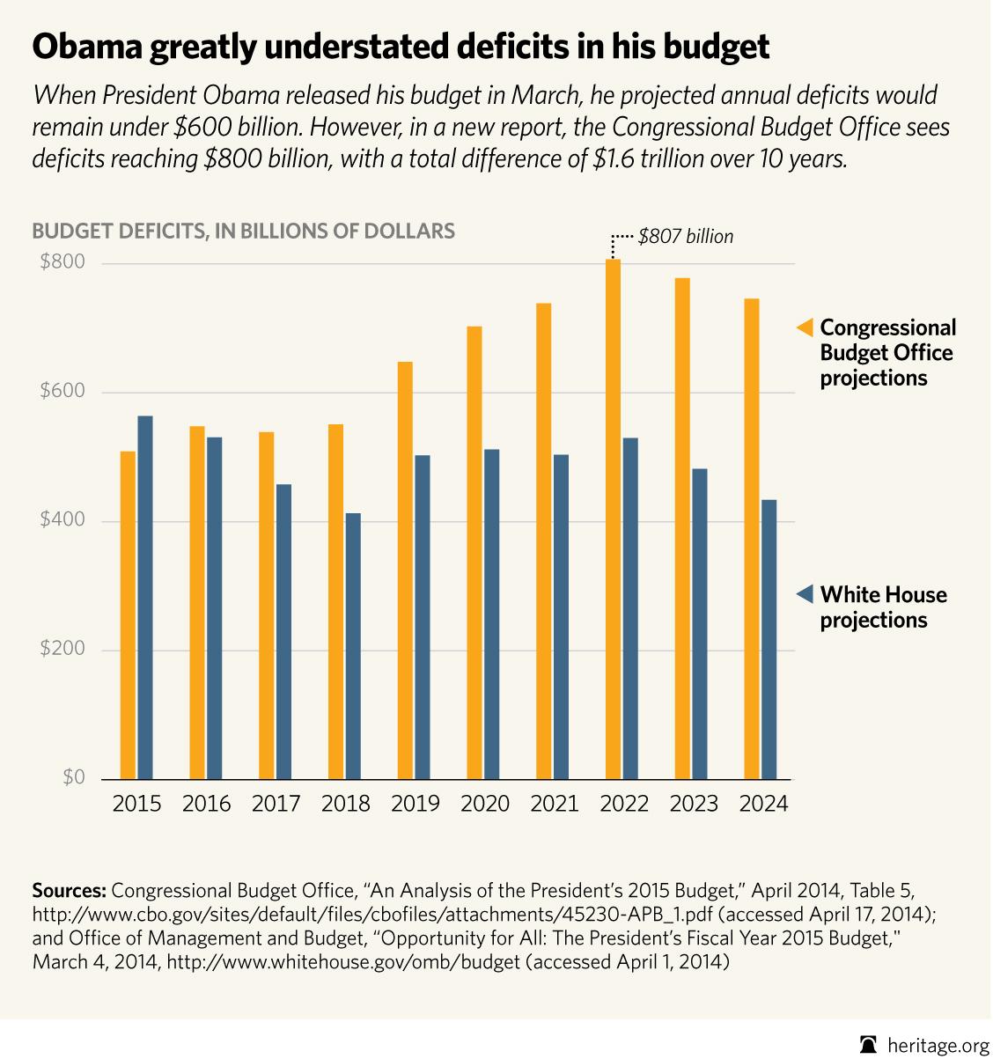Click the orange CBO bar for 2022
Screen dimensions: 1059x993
614,519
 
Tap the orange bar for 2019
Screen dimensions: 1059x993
405,570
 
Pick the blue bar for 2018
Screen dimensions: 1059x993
353,646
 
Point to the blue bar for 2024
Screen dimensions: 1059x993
769,639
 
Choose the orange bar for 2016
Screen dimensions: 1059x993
197,603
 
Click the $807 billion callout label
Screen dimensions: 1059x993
686,237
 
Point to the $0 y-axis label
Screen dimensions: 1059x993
73,778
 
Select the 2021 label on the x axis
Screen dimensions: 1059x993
555,805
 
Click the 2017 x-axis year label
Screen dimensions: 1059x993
276,805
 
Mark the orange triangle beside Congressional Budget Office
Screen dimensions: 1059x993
805,327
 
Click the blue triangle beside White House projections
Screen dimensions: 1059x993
805,595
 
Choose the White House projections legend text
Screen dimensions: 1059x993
883,607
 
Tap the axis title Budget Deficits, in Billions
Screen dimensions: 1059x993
243,232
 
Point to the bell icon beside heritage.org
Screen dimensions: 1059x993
870,1045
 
